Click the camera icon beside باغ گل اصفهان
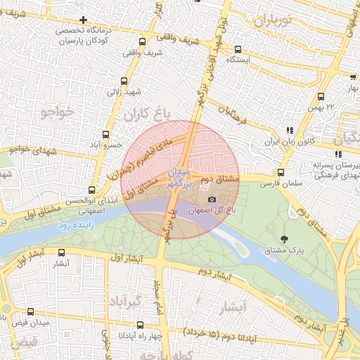coord(212,200)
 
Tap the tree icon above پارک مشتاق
coord(284,239)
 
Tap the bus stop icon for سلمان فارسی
coord(281,172)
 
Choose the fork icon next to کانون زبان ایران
coord(290,130)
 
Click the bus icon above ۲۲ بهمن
coord(321,96)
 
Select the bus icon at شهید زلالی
coord(124,81)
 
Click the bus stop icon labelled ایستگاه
coord(238,49)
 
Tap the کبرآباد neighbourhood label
coord(128,302)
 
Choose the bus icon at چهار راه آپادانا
coord(140,325)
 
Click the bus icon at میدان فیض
coord(30,311)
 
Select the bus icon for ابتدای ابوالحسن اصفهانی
coord(91,190)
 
